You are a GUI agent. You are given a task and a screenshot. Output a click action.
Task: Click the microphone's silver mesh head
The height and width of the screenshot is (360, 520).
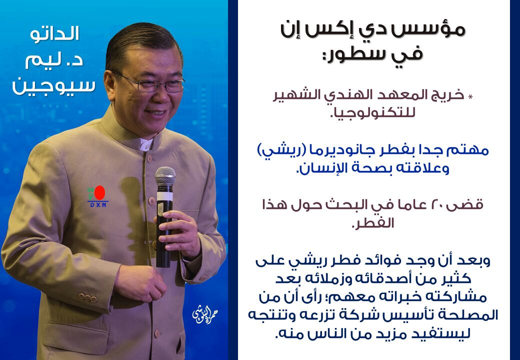(x=165, y=175)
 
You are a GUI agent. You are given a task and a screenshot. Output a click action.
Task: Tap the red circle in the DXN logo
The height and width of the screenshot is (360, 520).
(x=99, y=192)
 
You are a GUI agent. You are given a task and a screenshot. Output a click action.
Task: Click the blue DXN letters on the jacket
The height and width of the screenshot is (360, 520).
(x=98, y=205)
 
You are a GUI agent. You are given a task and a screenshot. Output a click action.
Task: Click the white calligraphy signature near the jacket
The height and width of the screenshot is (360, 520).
(x=205, y=314)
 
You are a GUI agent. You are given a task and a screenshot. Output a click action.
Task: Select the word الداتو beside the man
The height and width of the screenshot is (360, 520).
(x=54, y=34)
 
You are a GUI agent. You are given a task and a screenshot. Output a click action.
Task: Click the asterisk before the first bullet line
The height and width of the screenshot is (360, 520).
(x=470, y=97)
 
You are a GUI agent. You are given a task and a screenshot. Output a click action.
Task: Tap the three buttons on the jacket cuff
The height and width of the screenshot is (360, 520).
(x=87, y=297)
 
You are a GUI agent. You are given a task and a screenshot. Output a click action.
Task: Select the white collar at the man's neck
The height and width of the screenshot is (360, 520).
(x=146, y=144)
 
